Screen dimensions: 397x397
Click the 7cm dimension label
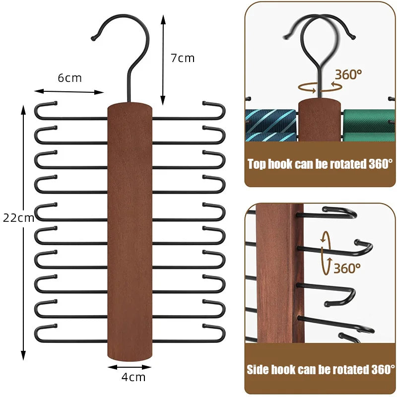183,58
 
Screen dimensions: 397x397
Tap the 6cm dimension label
69,78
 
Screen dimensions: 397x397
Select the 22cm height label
18,217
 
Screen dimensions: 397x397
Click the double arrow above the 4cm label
130,367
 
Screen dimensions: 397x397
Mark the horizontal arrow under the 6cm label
69,91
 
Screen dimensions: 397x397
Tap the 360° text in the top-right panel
348,75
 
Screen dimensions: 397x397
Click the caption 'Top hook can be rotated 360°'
320,164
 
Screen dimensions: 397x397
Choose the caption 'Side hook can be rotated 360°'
320,370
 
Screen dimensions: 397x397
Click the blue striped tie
271,126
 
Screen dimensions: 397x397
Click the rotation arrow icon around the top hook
320,86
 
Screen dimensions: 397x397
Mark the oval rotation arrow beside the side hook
326,252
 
